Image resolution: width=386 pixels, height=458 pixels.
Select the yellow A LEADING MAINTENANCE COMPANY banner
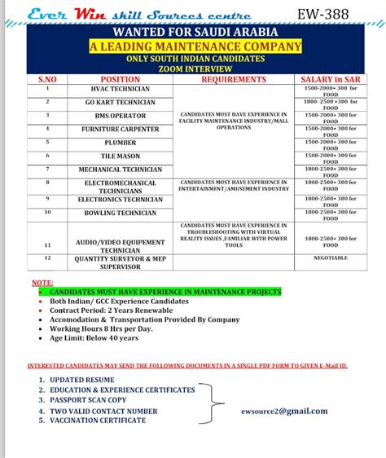[195, 47]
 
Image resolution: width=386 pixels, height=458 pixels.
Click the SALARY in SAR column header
[330, 80]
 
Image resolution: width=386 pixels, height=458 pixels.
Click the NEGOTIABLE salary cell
[330, 258]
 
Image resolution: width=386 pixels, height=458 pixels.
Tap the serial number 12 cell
[47, 258]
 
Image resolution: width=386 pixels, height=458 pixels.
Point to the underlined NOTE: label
[42, 282]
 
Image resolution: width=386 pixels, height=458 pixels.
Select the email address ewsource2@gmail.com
[285, 411]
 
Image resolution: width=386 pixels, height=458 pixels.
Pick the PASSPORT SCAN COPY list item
[88, 400]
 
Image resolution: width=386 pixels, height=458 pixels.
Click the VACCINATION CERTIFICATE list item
[98, 421]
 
